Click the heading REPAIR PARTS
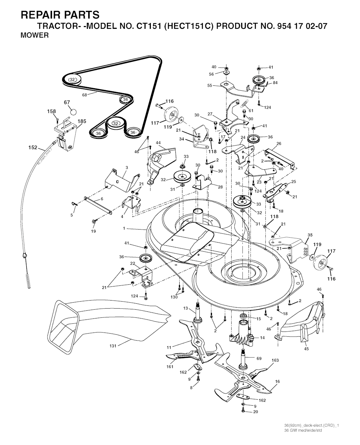click(x=60, y=15)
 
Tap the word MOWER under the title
click(x=35, y=36)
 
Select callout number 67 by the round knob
click(x=67, y=103)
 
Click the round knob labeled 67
click(x=73, y=111)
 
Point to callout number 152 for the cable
click(x=33, y=148)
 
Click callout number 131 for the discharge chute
click(x=113, y=346)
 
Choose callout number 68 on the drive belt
click(x=84, y=95)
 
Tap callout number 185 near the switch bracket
click(x=82, y=121)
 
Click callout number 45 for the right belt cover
click(x=306, y=349)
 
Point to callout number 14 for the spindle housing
click(x=262, y=337)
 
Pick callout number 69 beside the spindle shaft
click(x=259, y=358)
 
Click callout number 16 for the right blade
click(x=277, y=381)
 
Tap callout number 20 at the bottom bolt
click(x=256, y=412)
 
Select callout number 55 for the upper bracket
click(x=210, y=85)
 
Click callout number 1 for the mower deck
click(x=124, y=228)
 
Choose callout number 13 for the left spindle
click(x=186, y=308)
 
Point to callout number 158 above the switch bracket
click(x=51, y=111)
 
